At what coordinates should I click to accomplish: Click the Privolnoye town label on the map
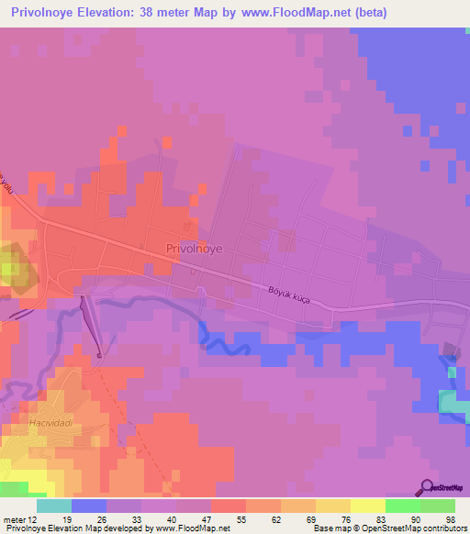(x=194, y=248)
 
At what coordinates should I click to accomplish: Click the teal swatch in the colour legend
(x=53, y=506)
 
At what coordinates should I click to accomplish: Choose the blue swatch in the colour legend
(x=88, y=506)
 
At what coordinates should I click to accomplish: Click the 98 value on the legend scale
(x=449, y=519)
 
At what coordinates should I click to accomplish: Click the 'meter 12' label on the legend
(x=20, y=519)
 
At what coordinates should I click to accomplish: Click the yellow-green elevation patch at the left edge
(x=9, y=268)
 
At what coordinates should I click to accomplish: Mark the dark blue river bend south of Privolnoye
(x=220, y=341)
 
